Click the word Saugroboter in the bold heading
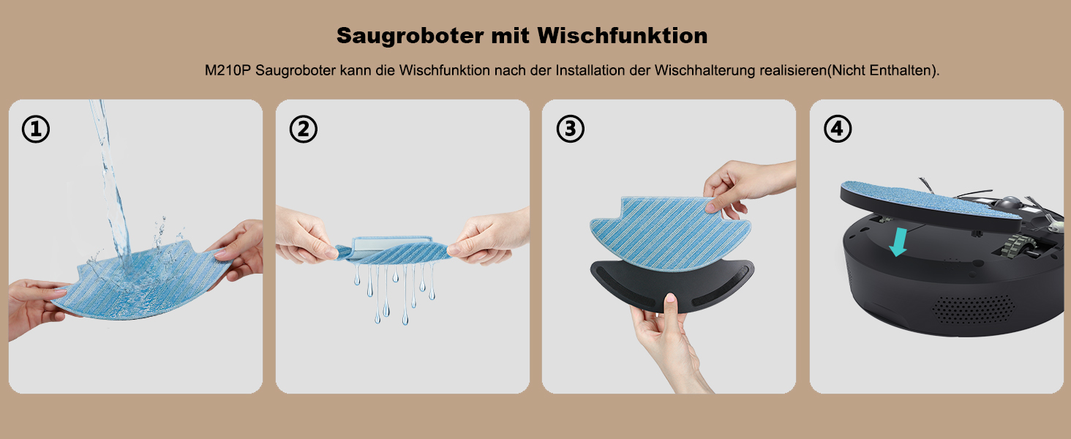point(410,37)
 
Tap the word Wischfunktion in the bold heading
point(622,35)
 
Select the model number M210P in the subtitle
point(228,70)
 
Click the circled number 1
point(36,129)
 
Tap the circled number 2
point(303,129)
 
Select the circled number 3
point(571,129)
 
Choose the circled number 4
point(838,129)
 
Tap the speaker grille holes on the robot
point(974,309)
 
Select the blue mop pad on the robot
point(930,201)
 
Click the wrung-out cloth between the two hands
point(393,249)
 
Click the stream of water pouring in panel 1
point(109,181)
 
